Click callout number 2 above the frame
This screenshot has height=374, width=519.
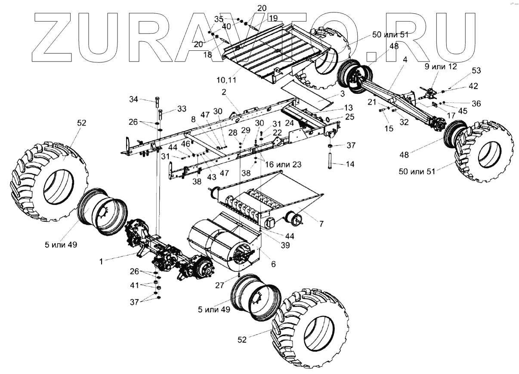point(224,92)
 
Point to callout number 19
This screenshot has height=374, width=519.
point(273,19)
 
